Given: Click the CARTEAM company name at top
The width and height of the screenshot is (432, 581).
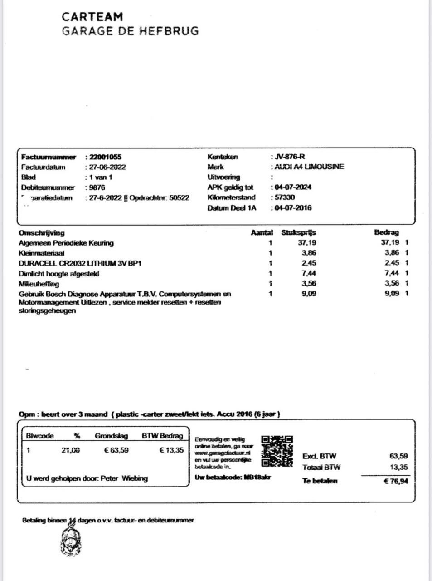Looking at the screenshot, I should (92, 17).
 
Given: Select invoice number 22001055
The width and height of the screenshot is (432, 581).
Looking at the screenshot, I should (105, 157).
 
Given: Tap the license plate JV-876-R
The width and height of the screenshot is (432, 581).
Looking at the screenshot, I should (290, 157).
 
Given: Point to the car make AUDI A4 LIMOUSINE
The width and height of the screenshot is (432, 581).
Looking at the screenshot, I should (309, 167).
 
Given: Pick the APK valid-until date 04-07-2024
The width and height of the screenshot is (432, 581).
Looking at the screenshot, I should (293, 187).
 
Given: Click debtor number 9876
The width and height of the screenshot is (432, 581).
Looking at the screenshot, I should (97, 187).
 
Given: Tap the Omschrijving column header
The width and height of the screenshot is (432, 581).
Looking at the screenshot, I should (42, 233).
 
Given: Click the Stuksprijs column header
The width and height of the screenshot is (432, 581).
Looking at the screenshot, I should (298, 232).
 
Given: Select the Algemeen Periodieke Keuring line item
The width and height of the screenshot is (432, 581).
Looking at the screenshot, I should (66, 243).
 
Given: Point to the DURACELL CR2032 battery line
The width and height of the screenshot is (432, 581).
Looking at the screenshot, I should (80, 263).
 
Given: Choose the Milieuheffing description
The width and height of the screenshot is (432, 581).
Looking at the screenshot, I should (39, 284).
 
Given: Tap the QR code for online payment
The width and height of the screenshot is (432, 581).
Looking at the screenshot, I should (277, 451).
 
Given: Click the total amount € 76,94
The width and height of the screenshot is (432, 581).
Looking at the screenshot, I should (396, 481).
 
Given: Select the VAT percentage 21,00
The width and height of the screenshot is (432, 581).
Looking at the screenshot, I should (71, 450).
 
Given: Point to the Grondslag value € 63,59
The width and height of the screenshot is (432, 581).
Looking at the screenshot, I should (116, 450).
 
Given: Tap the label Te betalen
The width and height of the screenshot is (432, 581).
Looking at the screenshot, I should (320, 481).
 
